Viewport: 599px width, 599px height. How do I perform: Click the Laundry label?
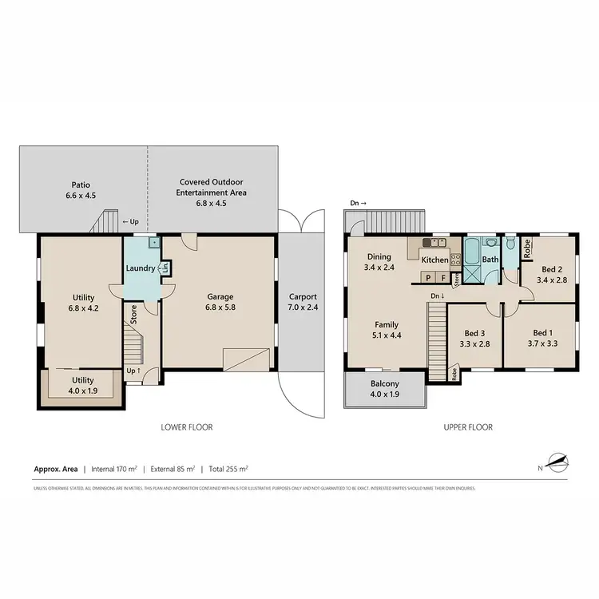(x=141, y=268)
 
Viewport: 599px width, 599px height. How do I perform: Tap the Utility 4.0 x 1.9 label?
(x=83, y=386)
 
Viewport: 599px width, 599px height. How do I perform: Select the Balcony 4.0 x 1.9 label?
(x=384, y=389)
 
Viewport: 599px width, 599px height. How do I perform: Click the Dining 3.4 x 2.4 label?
(x=377, y=262)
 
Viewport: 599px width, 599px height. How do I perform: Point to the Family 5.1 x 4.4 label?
(x=387, y=331)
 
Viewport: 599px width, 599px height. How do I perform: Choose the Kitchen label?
(x=435, y=260)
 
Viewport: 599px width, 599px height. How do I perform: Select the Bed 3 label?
(x=477, y=338)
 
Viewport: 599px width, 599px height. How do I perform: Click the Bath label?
(x=490, y=260)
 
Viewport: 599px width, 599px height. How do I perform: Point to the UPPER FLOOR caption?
(x=468, y=427)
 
